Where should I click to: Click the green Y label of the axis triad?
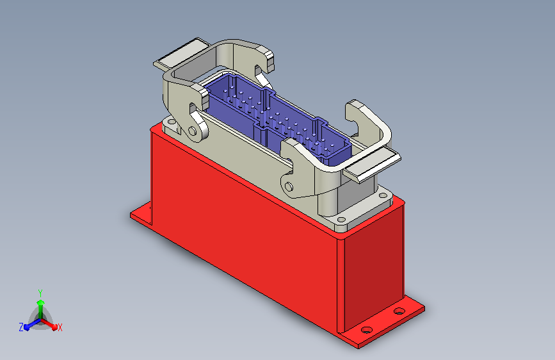(x=40, y=293)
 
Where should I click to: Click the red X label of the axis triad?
(x=60, y=327)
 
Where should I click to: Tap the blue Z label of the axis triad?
(x=21, y=327)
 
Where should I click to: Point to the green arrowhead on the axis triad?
(x=40, y=302)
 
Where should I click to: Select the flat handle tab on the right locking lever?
(x=373, y=165)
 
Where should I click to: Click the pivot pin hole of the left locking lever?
(x=192, y=131)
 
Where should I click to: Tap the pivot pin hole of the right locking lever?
(x=289, y=187)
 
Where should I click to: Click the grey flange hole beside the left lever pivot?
(x=172, y=122)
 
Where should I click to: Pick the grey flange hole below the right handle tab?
(x=383, y=195)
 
